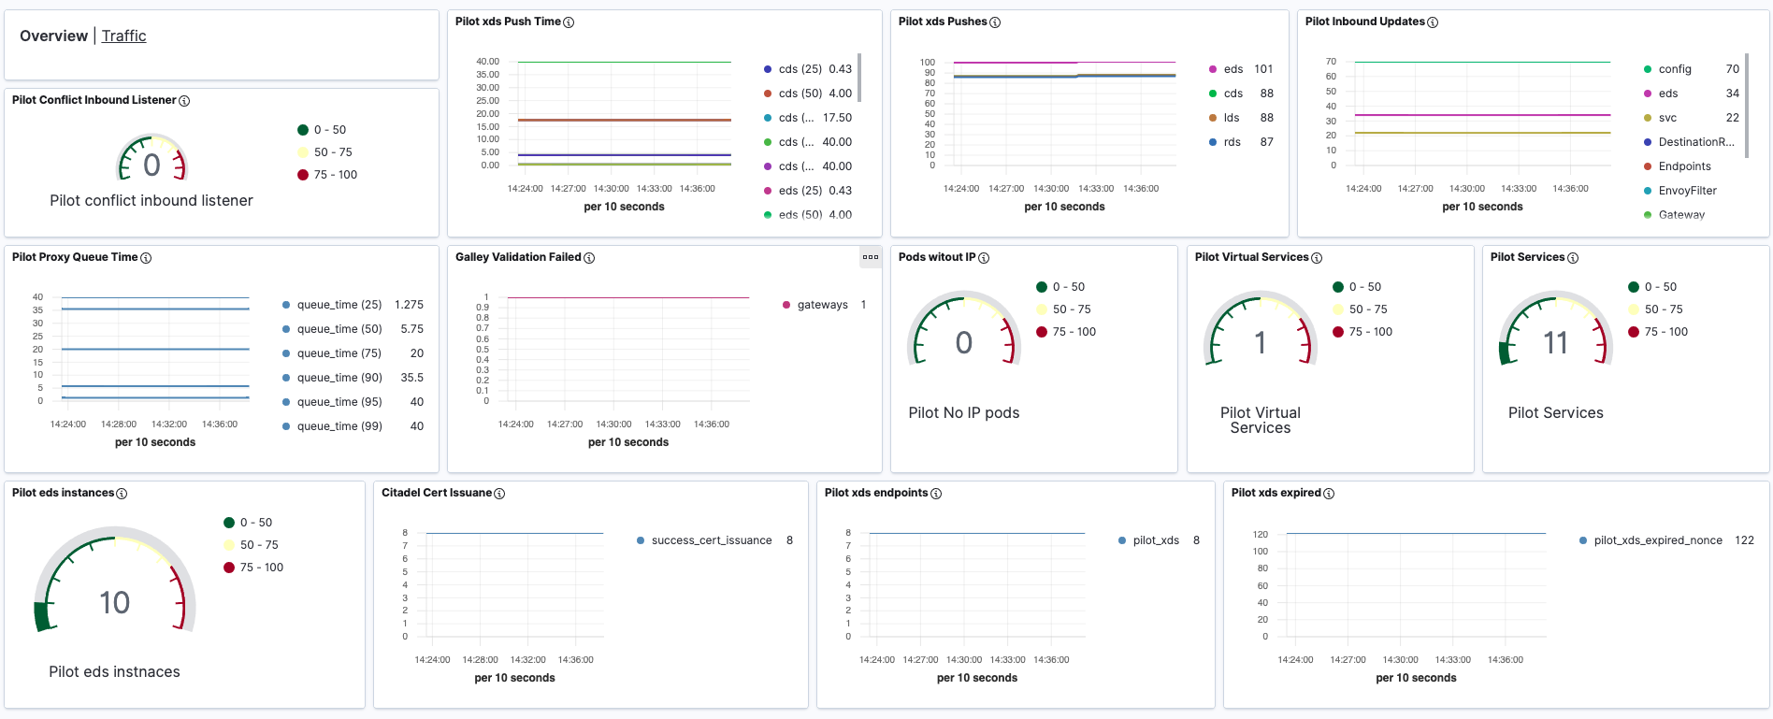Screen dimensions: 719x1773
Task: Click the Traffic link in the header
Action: [123, 36]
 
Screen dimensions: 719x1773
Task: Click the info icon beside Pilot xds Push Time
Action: [569, 22]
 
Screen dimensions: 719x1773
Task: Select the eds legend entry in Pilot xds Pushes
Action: [1233, 69]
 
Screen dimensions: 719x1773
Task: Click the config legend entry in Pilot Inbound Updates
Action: [1674, 69]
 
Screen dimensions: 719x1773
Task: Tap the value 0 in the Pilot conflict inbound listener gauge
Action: [151, 165]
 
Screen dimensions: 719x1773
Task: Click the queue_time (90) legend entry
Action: [339, 378]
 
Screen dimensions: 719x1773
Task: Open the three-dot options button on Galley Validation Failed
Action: [871, 257]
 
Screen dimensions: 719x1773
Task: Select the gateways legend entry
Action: [822, 305]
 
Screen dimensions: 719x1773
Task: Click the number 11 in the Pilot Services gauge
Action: [1555, 343]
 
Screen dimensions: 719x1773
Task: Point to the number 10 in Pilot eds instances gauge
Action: [114, 603]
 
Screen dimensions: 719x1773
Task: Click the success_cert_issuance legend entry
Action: [711, 540]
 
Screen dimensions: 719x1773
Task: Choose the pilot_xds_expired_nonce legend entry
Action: [1657, 540]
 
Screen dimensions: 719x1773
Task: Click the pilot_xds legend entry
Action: [1155, 540]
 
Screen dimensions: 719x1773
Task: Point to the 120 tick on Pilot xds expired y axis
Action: [1261, 535]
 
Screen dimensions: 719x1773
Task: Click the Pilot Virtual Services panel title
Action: [1251, 257]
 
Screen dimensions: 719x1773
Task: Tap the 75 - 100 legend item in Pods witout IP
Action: [1074, 332]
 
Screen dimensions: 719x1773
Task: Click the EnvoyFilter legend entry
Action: [1687, 191]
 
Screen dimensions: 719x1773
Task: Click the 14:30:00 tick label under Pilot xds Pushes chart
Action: [1051, 189]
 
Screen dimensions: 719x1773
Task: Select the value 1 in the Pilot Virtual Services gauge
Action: [1260, 343]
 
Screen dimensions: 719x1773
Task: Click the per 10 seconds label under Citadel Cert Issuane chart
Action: [514, 678]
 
